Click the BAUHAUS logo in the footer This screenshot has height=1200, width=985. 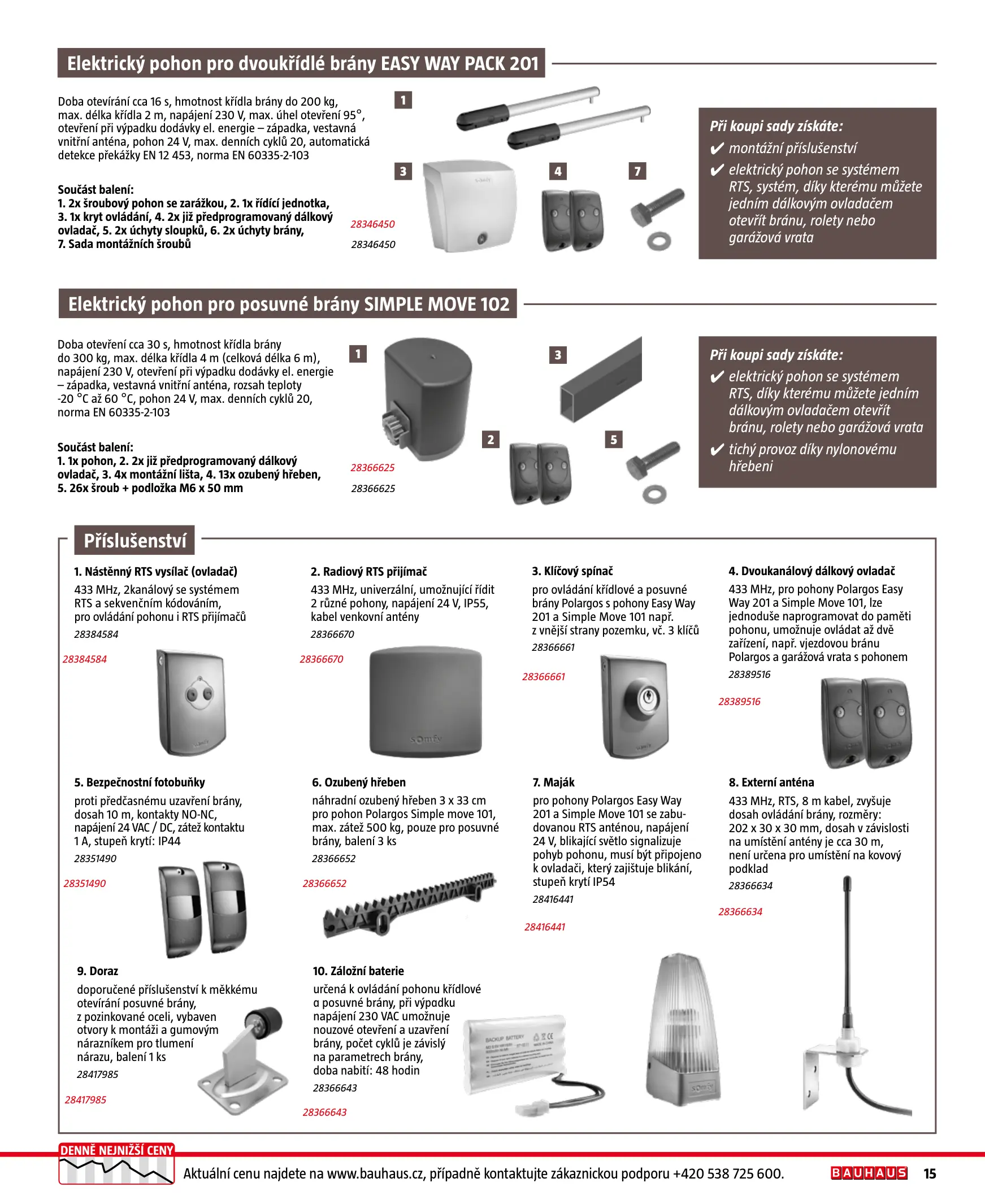(x=868, y=1173)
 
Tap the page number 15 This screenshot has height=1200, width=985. (x=930, y=1173)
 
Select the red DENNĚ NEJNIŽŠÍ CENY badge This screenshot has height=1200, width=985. (x=116, y=1150)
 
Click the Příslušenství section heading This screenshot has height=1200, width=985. (x=134, y=541)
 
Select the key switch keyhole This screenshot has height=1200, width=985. (x=647, y=699)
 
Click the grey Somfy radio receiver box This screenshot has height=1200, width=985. (x=426, y=703)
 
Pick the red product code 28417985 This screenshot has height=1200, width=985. (x=86, y=1099)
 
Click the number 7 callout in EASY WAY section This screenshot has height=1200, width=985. (x=637, y=171)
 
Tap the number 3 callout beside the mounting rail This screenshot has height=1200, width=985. (x=558, y=355)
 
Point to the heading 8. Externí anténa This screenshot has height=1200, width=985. (x=771, y=782)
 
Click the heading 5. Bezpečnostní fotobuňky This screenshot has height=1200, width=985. (x=140, y=782)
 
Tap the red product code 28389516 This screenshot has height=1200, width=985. (x=739, y=702)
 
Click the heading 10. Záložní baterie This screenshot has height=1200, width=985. (x=358, y=971)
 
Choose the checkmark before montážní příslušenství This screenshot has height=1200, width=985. (x=717, y=149)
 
